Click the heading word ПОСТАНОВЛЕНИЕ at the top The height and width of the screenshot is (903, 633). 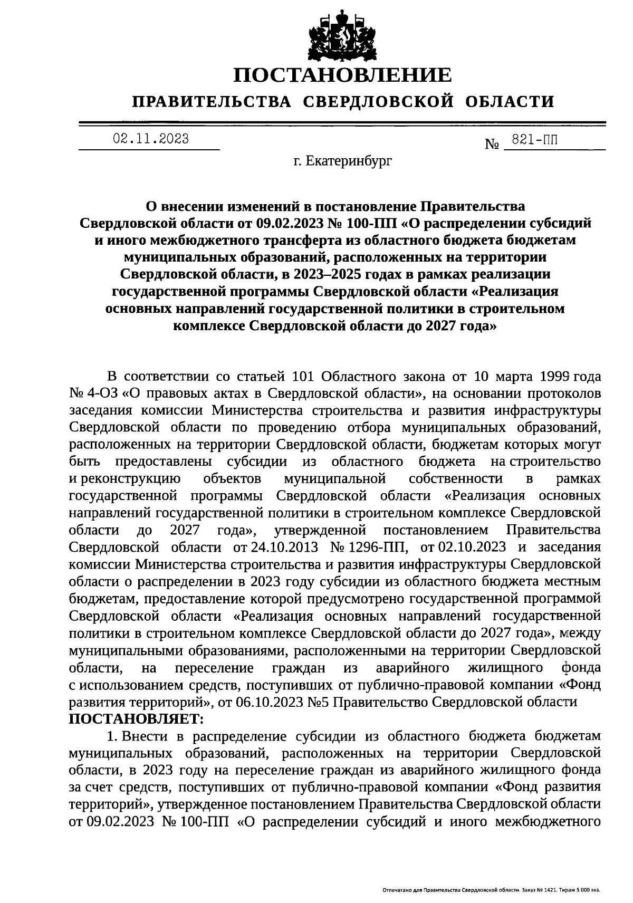(343, 75)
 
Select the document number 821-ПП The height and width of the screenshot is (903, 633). (533, 140)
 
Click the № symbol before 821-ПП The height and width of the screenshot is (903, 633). (492, 144)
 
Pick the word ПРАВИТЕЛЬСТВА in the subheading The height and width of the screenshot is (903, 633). (212, 101)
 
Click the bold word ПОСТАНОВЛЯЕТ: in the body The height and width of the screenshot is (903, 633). (136, 719)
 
